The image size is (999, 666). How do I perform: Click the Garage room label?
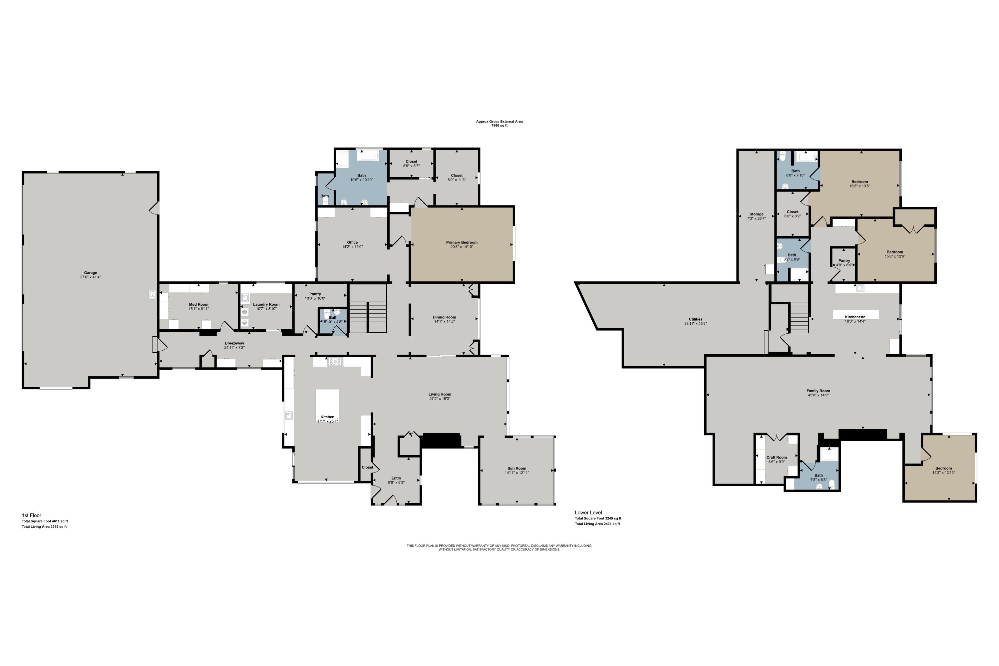[91, 273]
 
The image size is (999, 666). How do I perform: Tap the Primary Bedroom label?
[462, 242]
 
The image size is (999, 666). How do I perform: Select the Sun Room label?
[516, 469]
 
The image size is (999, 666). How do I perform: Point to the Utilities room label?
[695, 319]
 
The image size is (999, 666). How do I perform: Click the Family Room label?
[818, 391]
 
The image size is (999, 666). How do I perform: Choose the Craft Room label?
[777, 458]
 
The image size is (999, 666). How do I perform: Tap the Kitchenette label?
[855, 317]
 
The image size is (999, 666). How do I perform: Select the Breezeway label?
[234, 343]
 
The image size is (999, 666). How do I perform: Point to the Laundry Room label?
[266, 305]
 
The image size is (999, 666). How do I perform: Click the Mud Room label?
[199, 305]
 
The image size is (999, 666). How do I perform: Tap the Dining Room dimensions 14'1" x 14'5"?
[444, 322]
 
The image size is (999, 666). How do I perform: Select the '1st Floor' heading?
[31, 515]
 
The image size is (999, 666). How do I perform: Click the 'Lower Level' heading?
[588, 513]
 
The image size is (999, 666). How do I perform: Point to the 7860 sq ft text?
[499, 126]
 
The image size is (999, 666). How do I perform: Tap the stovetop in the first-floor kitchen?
[335, 362]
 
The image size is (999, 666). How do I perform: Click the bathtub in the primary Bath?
[368, 156]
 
